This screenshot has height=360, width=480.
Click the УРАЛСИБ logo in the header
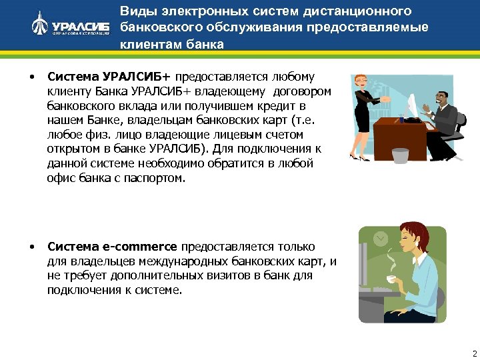(69, 27)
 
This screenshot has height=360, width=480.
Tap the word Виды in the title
(136, 12)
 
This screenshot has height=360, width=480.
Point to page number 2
(474, 353)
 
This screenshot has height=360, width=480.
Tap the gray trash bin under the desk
(401, 155)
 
